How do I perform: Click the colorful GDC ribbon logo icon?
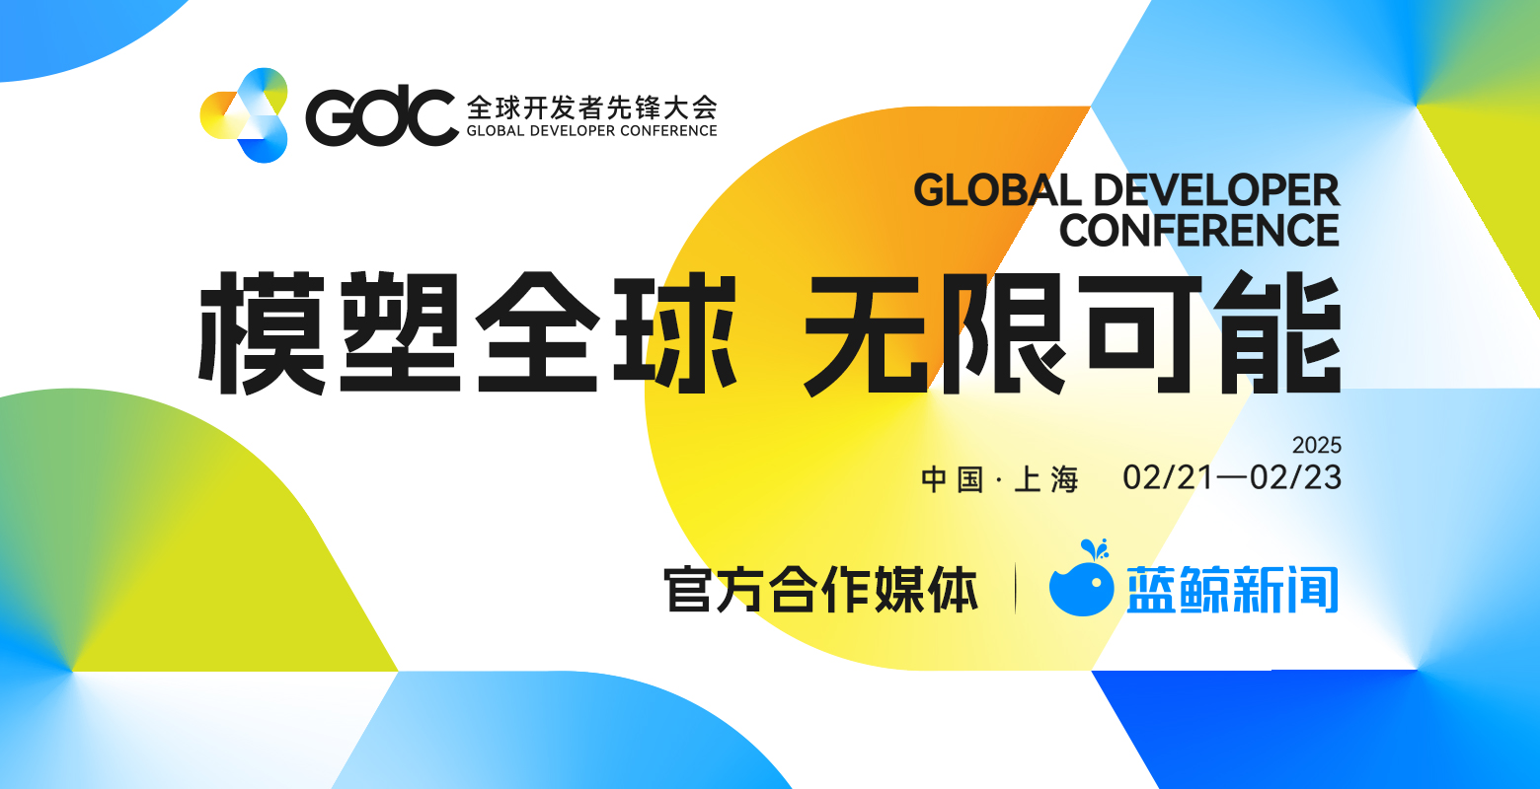pyautogui.click(x=244, y=115)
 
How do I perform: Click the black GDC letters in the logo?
pyautogui.click(x=382, y=116)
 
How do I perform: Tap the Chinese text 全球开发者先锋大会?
pyautogui.click(x=592, y=108)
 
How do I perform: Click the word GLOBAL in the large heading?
pyautogui.click(x=998, y=190)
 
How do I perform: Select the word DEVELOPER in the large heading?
pyautogui.click(x=1216, y=190)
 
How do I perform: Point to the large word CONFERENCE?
pyautogui.click(x=1199, y=230)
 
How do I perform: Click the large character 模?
pyautogui.click(x=262, y=333)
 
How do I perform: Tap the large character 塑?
pyautogui.click(x=400, y=333)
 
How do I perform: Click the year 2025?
pyautogui.click(x=1317, y=445)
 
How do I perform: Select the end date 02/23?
pyautogui.click(x=1295, y=477)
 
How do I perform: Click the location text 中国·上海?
pyautogui.click(x=1000, y=479)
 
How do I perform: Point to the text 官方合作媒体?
pyautogui.click(x=820, y=589)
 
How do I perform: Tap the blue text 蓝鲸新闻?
pyautogui.click(x=1232, y=589)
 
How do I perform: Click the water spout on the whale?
pyautogui.click(x=1095, y=549)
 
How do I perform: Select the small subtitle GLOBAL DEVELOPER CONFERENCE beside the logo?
pyautogui.click(x=592, y=130)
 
